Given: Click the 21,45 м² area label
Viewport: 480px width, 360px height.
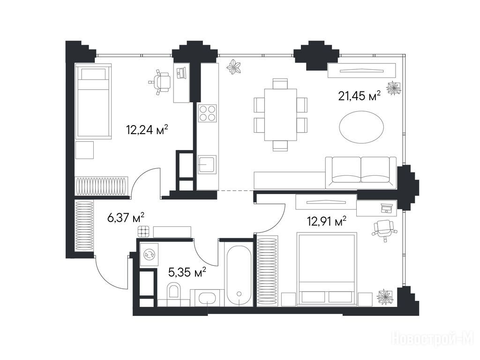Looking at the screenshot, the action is tap(359, 96).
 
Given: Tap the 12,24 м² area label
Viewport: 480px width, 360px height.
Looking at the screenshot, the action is tap(147, 130).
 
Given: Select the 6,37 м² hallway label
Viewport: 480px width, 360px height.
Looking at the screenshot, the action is tap(126, 218).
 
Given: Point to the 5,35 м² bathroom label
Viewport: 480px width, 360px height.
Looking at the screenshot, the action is tap(187, 271).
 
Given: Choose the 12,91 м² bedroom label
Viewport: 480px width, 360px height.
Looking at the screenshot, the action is tap(327, 221).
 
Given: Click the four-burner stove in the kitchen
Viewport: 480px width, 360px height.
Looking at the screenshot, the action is tap(207, 113).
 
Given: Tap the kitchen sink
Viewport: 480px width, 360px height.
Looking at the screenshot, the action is tap(207, 165).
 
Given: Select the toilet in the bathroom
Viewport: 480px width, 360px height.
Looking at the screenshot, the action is tap(173, 290).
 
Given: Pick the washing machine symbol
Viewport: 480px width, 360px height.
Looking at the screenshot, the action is tap(150, 255).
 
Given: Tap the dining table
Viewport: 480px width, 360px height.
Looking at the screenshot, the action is tap(281, 114).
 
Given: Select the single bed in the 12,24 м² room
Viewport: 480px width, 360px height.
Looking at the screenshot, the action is tap(93, 102).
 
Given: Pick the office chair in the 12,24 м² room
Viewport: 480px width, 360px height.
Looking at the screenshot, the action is tap(160, 82).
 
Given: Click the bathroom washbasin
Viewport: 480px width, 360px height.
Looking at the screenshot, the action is tap(208, 298).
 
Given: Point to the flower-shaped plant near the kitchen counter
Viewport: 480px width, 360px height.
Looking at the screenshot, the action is tap(234, 67).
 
